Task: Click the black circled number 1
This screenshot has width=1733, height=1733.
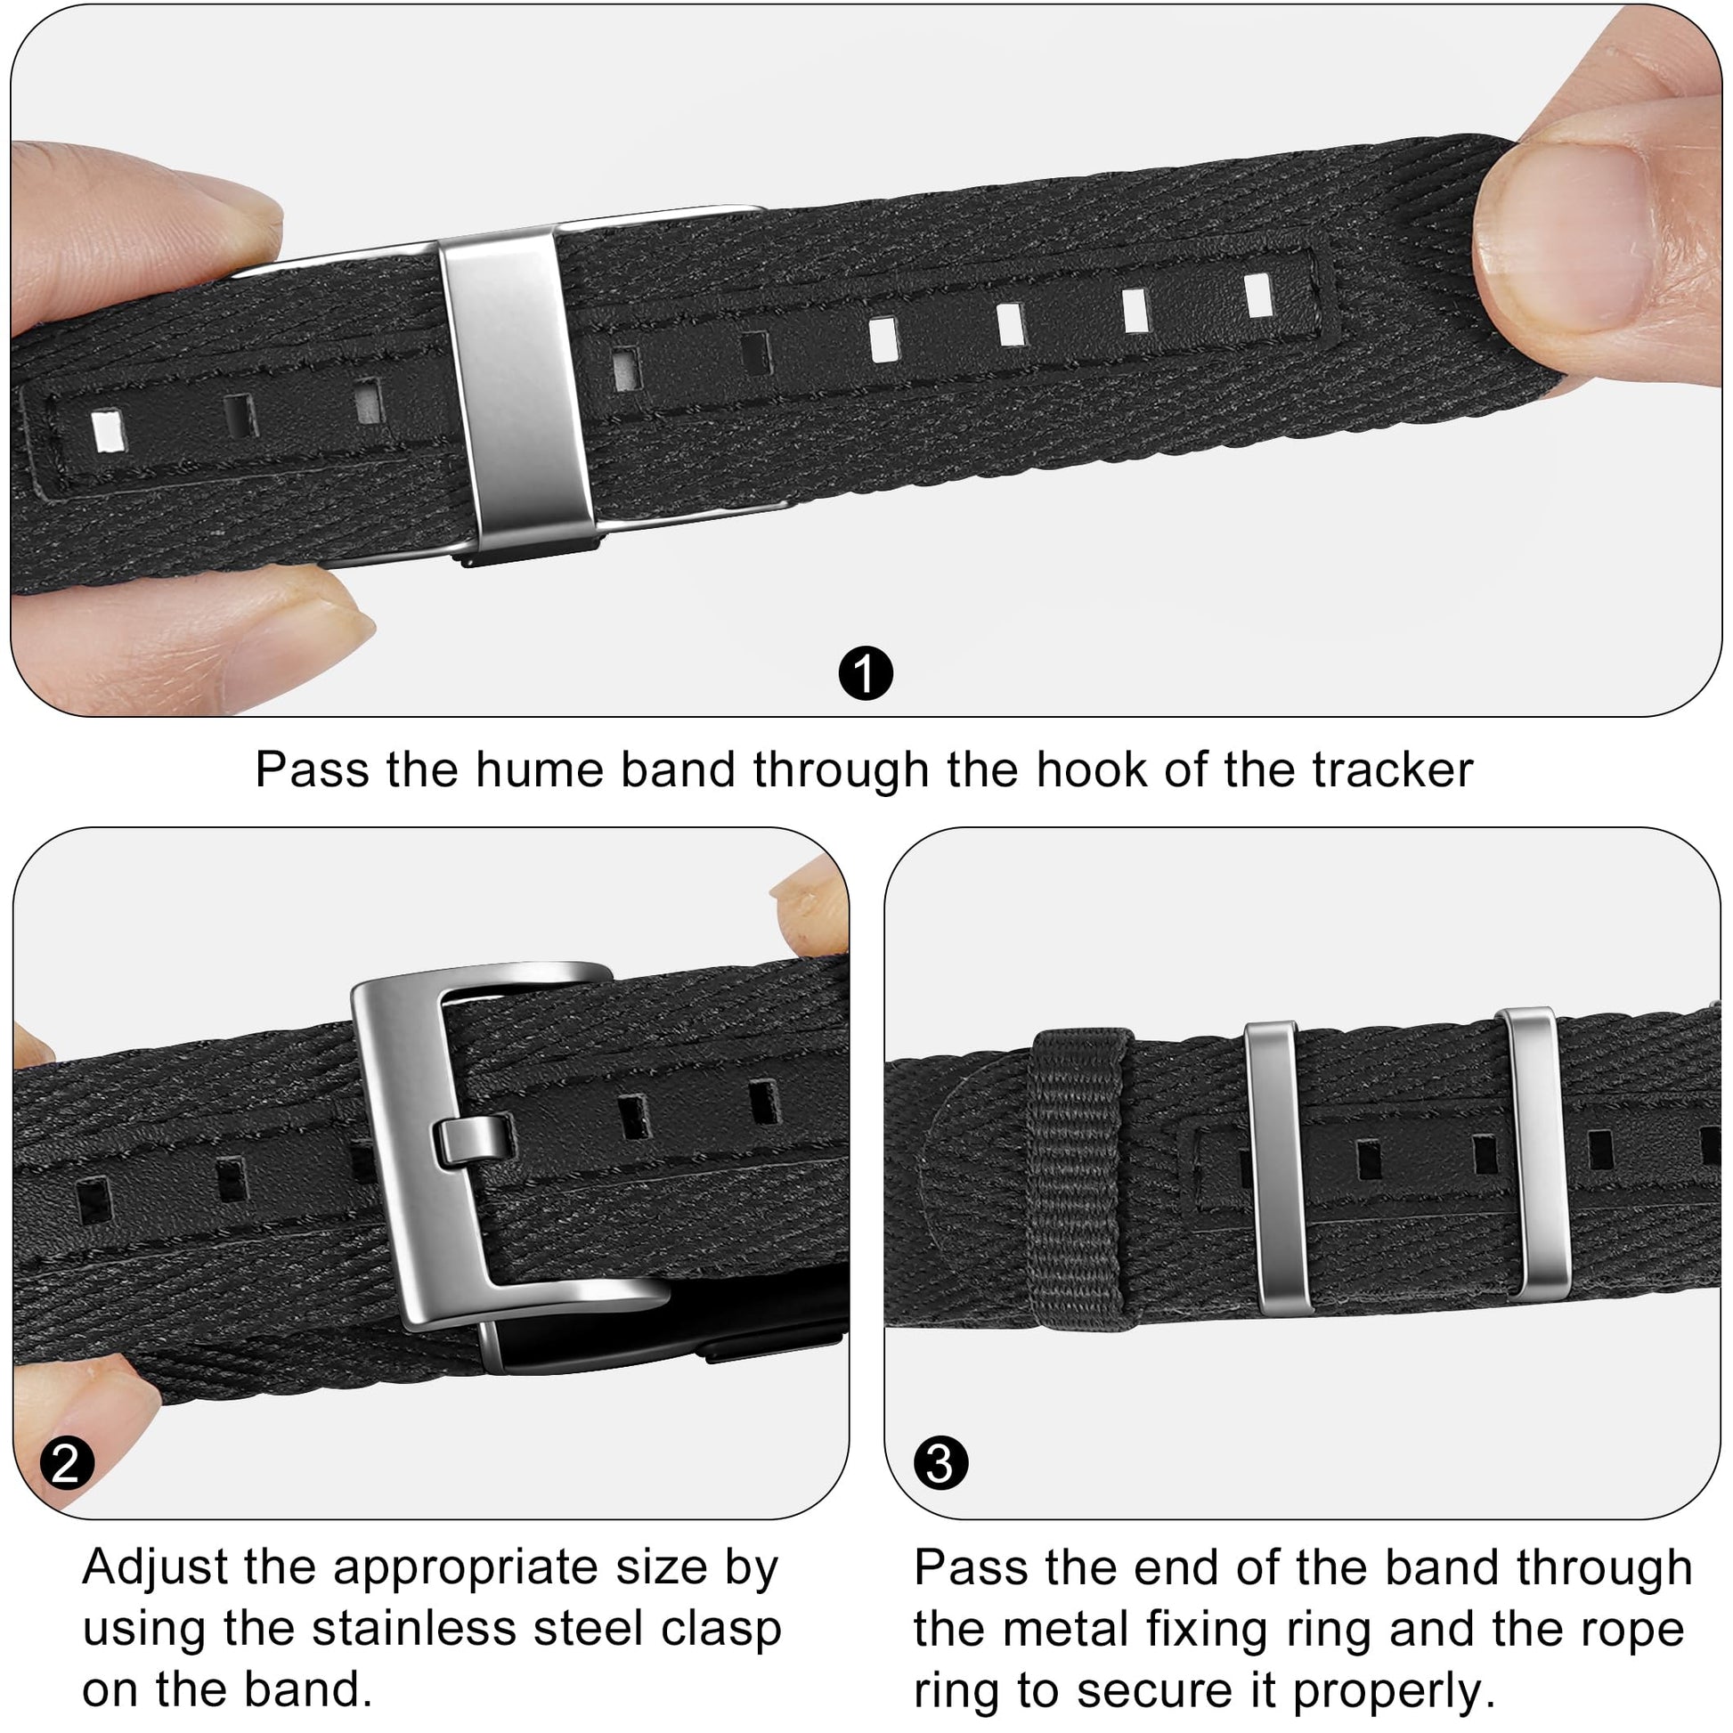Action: [866, 673]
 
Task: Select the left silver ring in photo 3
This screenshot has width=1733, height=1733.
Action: [1277, 1167]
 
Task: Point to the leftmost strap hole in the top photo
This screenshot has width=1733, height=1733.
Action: [108, 430]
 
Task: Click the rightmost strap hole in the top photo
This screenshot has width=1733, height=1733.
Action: [1259, 295]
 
